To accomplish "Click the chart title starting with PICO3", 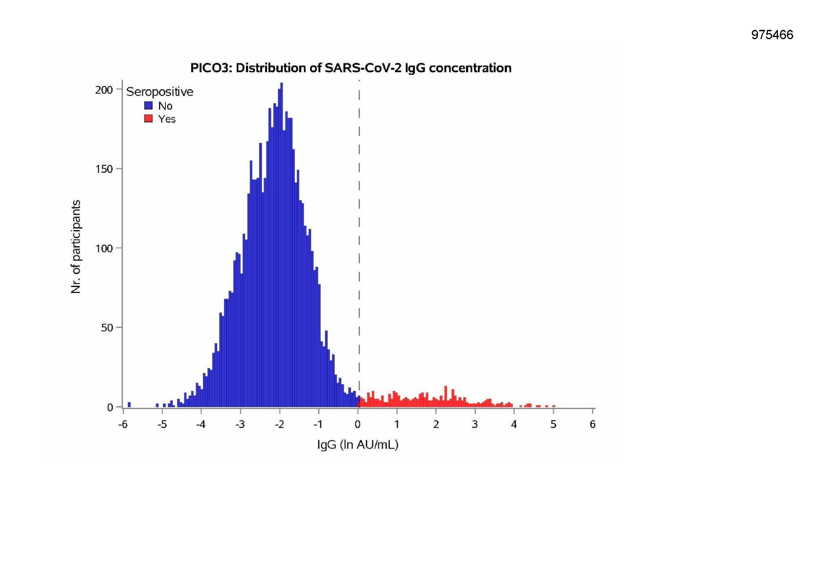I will click(350, 68).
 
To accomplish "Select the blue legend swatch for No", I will click(149, 105).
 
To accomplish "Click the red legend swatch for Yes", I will click(149, 118).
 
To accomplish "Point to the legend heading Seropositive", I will click(159, 92).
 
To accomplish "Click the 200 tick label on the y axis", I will click(104, 90).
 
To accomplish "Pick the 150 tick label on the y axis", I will click(104, 169).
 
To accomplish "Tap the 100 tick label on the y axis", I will click(104, 249).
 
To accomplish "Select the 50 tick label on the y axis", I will click(106, 328).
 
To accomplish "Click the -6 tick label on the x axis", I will click(123, 425).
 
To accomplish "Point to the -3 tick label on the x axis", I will click(240, 425).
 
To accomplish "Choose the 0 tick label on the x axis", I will click(357, 425).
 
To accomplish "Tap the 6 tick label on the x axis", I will click(592, 425).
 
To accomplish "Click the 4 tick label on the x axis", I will click(514, 425).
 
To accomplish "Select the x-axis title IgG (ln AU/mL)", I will click(357, 445).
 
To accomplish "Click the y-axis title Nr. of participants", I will click(76, 247).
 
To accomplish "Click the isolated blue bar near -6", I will click(129, 405).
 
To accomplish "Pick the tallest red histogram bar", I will click(446, 396).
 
